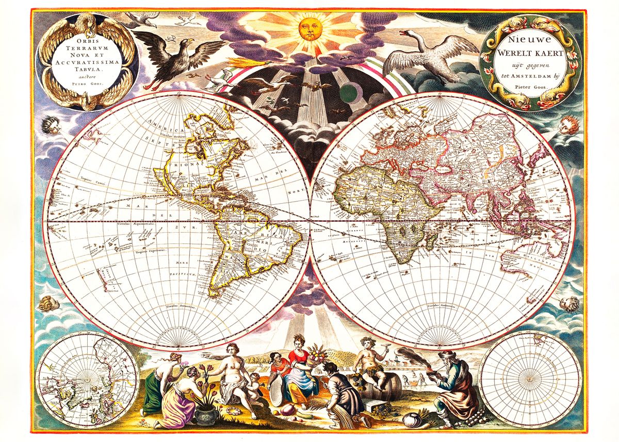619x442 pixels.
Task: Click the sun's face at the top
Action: [x=308, y=29]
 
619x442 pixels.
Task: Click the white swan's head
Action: [x=403, y=33]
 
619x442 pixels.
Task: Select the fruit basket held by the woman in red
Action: [x=315, y=355]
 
